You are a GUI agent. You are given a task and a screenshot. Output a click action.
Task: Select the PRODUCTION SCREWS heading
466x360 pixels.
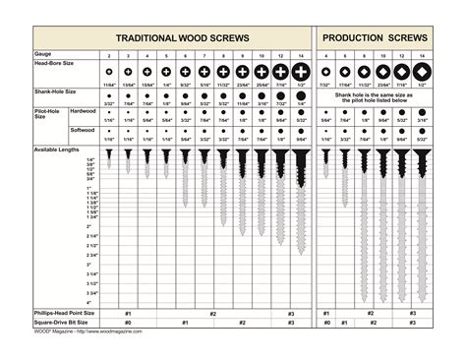click(x=378, y=38)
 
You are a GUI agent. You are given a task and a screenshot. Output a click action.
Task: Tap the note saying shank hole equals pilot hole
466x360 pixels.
click(x=379, y=97)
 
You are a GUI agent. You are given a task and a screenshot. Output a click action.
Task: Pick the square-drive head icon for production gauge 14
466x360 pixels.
click(x=424, y=73)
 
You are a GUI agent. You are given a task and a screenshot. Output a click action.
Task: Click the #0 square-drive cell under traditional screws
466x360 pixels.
click(x=127, y=322)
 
